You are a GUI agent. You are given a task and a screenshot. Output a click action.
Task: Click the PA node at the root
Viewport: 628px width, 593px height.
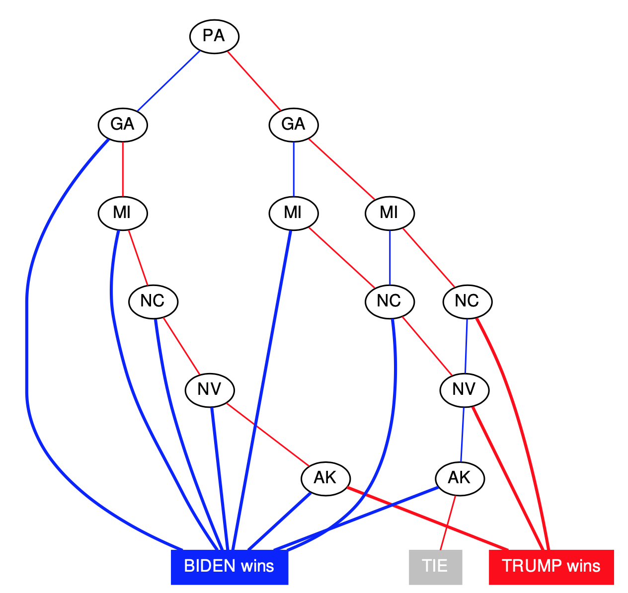[214, 36]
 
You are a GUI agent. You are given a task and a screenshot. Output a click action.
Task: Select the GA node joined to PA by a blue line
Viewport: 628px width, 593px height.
[123, 124]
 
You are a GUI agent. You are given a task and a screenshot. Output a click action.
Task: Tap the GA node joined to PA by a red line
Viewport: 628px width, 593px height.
[294, 124]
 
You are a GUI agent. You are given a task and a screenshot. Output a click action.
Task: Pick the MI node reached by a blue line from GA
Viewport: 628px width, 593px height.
[294, 213]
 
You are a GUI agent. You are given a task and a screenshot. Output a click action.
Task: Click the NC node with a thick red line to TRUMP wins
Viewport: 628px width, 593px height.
[467, 301]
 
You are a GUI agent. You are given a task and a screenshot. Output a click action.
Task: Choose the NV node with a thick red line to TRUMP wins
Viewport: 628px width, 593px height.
[464, 389]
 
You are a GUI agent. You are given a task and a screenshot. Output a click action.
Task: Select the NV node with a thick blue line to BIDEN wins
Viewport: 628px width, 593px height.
[209, 389]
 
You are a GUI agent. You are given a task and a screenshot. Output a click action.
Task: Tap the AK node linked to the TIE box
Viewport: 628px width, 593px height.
[459, 478]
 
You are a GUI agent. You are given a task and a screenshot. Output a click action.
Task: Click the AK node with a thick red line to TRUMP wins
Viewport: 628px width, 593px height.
[325, 478]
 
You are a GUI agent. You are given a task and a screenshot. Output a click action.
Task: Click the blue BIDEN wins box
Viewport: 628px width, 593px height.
[229, 566]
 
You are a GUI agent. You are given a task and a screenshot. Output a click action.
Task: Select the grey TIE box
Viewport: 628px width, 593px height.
[435, 566]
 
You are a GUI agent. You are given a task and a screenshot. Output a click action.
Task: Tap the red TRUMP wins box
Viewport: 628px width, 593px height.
[551, 566]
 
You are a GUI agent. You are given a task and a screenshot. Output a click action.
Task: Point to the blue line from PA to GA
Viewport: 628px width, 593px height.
[168, 80]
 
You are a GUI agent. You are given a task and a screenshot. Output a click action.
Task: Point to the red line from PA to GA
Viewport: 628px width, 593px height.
[254, 80]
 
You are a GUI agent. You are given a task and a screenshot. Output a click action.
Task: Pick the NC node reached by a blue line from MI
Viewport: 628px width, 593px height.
[390, 301]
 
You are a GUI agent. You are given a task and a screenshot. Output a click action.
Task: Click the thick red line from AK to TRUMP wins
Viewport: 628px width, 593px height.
[427, 519]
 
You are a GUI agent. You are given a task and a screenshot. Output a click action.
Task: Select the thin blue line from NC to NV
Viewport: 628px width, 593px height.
[466, 345]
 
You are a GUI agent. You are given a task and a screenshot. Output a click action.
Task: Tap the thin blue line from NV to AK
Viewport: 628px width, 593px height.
[462, 434]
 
